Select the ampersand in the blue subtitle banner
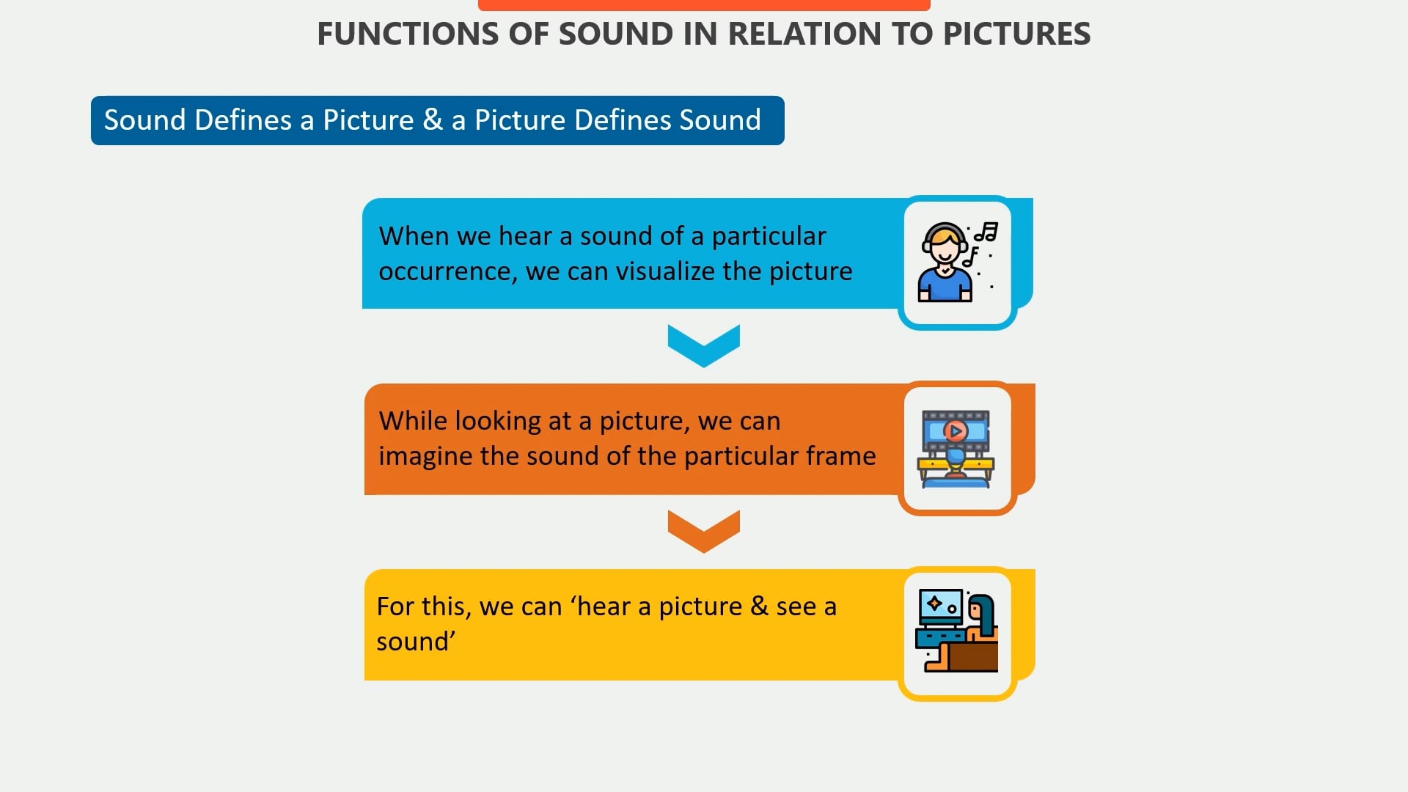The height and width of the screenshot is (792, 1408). [433, 120]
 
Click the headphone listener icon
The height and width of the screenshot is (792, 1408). [946, 263]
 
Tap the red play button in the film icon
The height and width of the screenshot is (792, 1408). [955, 430]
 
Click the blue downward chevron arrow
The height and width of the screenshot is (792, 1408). [703, 345]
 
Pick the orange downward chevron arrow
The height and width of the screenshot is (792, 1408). [703, 531]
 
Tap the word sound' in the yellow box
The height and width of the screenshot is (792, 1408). [415, 642]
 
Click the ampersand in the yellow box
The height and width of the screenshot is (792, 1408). [759, 606]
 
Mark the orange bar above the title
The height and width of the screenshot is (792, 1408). [703, 5]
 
